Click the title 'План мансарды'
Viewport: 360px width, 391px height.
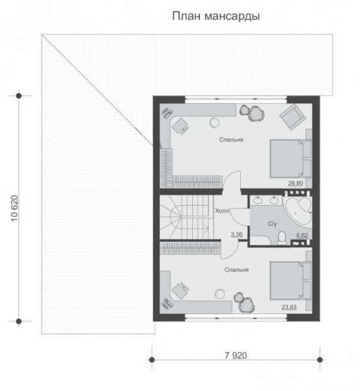pos(216,16)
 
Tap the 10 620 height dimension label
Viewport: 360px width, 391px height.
pos(15,209)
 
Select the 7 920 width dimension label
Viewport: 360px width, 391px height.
pos(236,355)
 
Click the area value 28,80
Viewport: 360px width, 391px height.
pos(296,183)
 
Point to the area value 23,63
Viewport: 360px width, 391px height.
pos(289,307)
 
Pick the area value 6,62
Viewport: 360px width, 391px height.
pos(302,235)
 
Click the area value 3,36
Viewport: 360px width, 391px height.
pos(236,234)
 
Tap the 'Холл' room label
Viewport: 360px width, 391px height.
pos(222,211)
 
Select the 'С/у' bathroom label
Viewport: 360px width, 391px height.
pos(272,224)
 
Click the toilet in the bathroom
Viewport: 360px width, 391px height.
pos(282,237)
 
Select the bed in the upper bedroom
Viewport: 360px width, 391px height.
pos(291,158)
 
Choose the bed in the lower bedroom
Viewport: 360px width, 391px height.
pos(291,280)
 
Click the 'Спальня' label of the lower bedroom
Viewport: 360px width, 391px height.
pos(236,270)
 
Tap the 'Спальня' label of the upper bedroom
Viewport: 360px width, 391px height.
pos(231,139)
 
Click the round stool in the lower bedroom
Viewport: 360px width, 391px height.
pos(220,293)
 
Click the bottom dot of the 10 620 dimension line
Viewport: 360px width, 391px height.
pos(19,321)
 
